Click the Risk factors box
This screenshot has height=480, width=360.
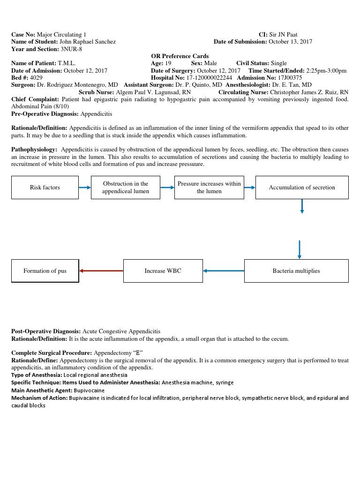coord(45,187)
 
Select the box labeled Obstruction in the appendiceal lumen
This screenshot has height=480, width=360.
coord(126,187)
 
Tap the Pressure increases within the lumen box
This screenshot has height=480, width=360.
coord(209,187)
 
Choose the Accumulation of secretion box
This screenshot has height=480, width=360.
coord(302,187)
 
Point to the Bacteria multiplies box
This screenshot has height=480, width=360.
coord(296,271)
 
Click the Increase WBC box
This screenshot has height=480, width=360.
coord(163,271)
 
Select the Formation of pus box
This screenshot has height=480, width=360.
coord(45,271)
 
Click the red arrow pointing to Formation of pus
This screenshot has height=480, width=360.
coord(101,270)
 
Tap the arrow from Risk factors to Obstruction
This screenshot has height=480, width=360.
coord(84,187)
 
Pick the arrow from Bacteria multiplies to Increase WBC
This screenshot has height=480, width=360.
coord(224,270)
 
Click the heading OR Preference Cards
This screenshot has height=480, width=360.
coord(180,56)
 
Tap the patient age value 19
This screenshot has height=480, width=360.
coord(168,63)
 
